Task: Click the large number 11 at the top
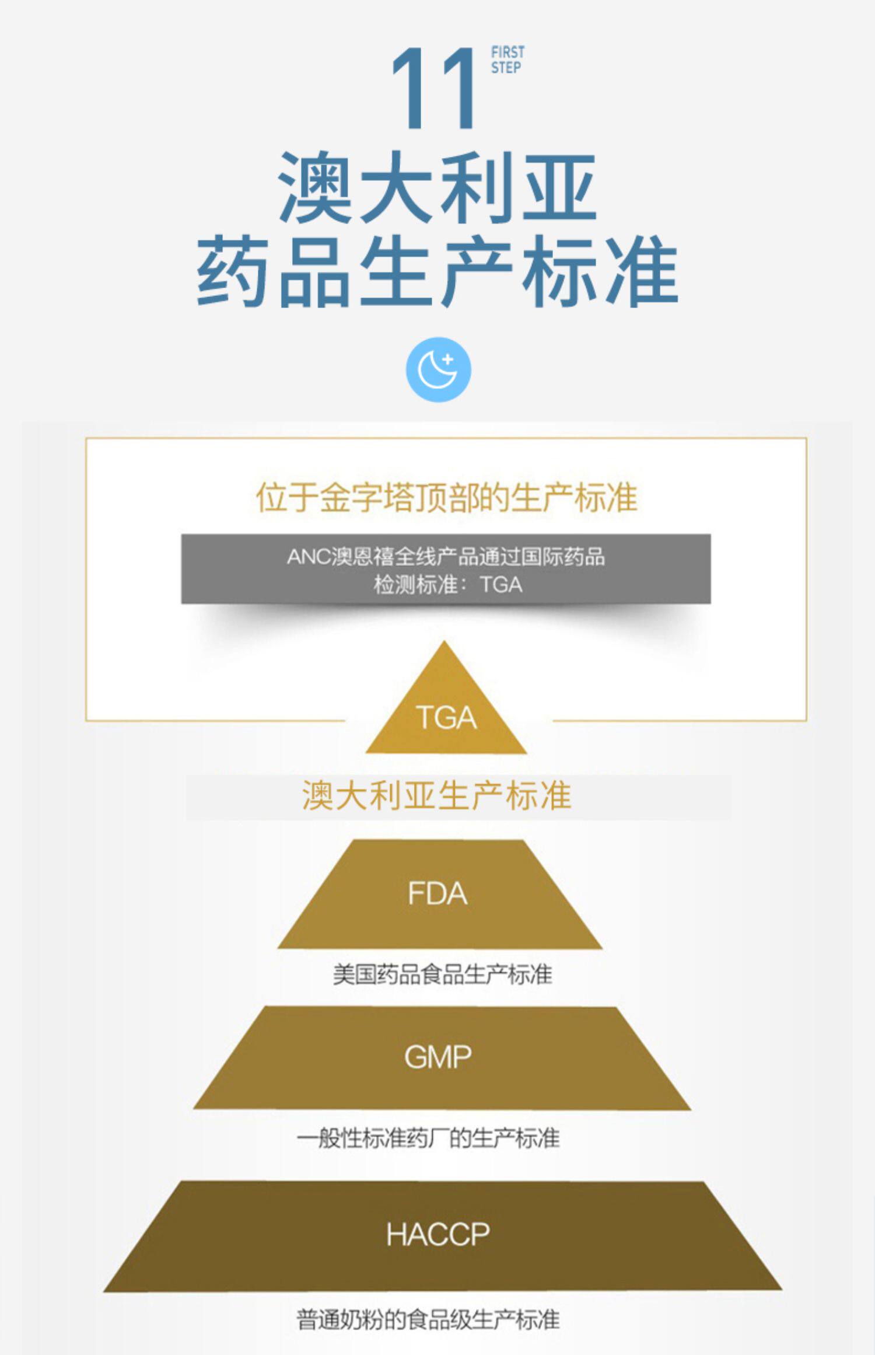pos(434,89)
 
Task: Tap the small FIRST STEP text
pos(507,60)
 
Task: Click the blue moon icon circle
pos(438,370)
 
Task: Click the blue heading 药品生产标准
pos(437,271)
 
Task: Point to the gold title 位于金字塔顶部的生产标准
pos(446,498)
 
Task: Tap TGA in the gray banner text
pos(501,585)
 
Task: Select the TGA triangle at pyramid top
pos(446,709)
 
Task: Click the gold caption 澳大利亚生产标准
pos(436,795)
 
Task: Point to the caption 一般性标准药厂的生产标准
pos(428,1139)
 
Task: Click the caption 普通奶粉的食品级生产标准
pos(428,1320)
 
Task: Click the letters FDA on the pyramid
pos(437,894)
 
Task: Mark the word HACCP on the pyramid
pos(438,1235)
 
